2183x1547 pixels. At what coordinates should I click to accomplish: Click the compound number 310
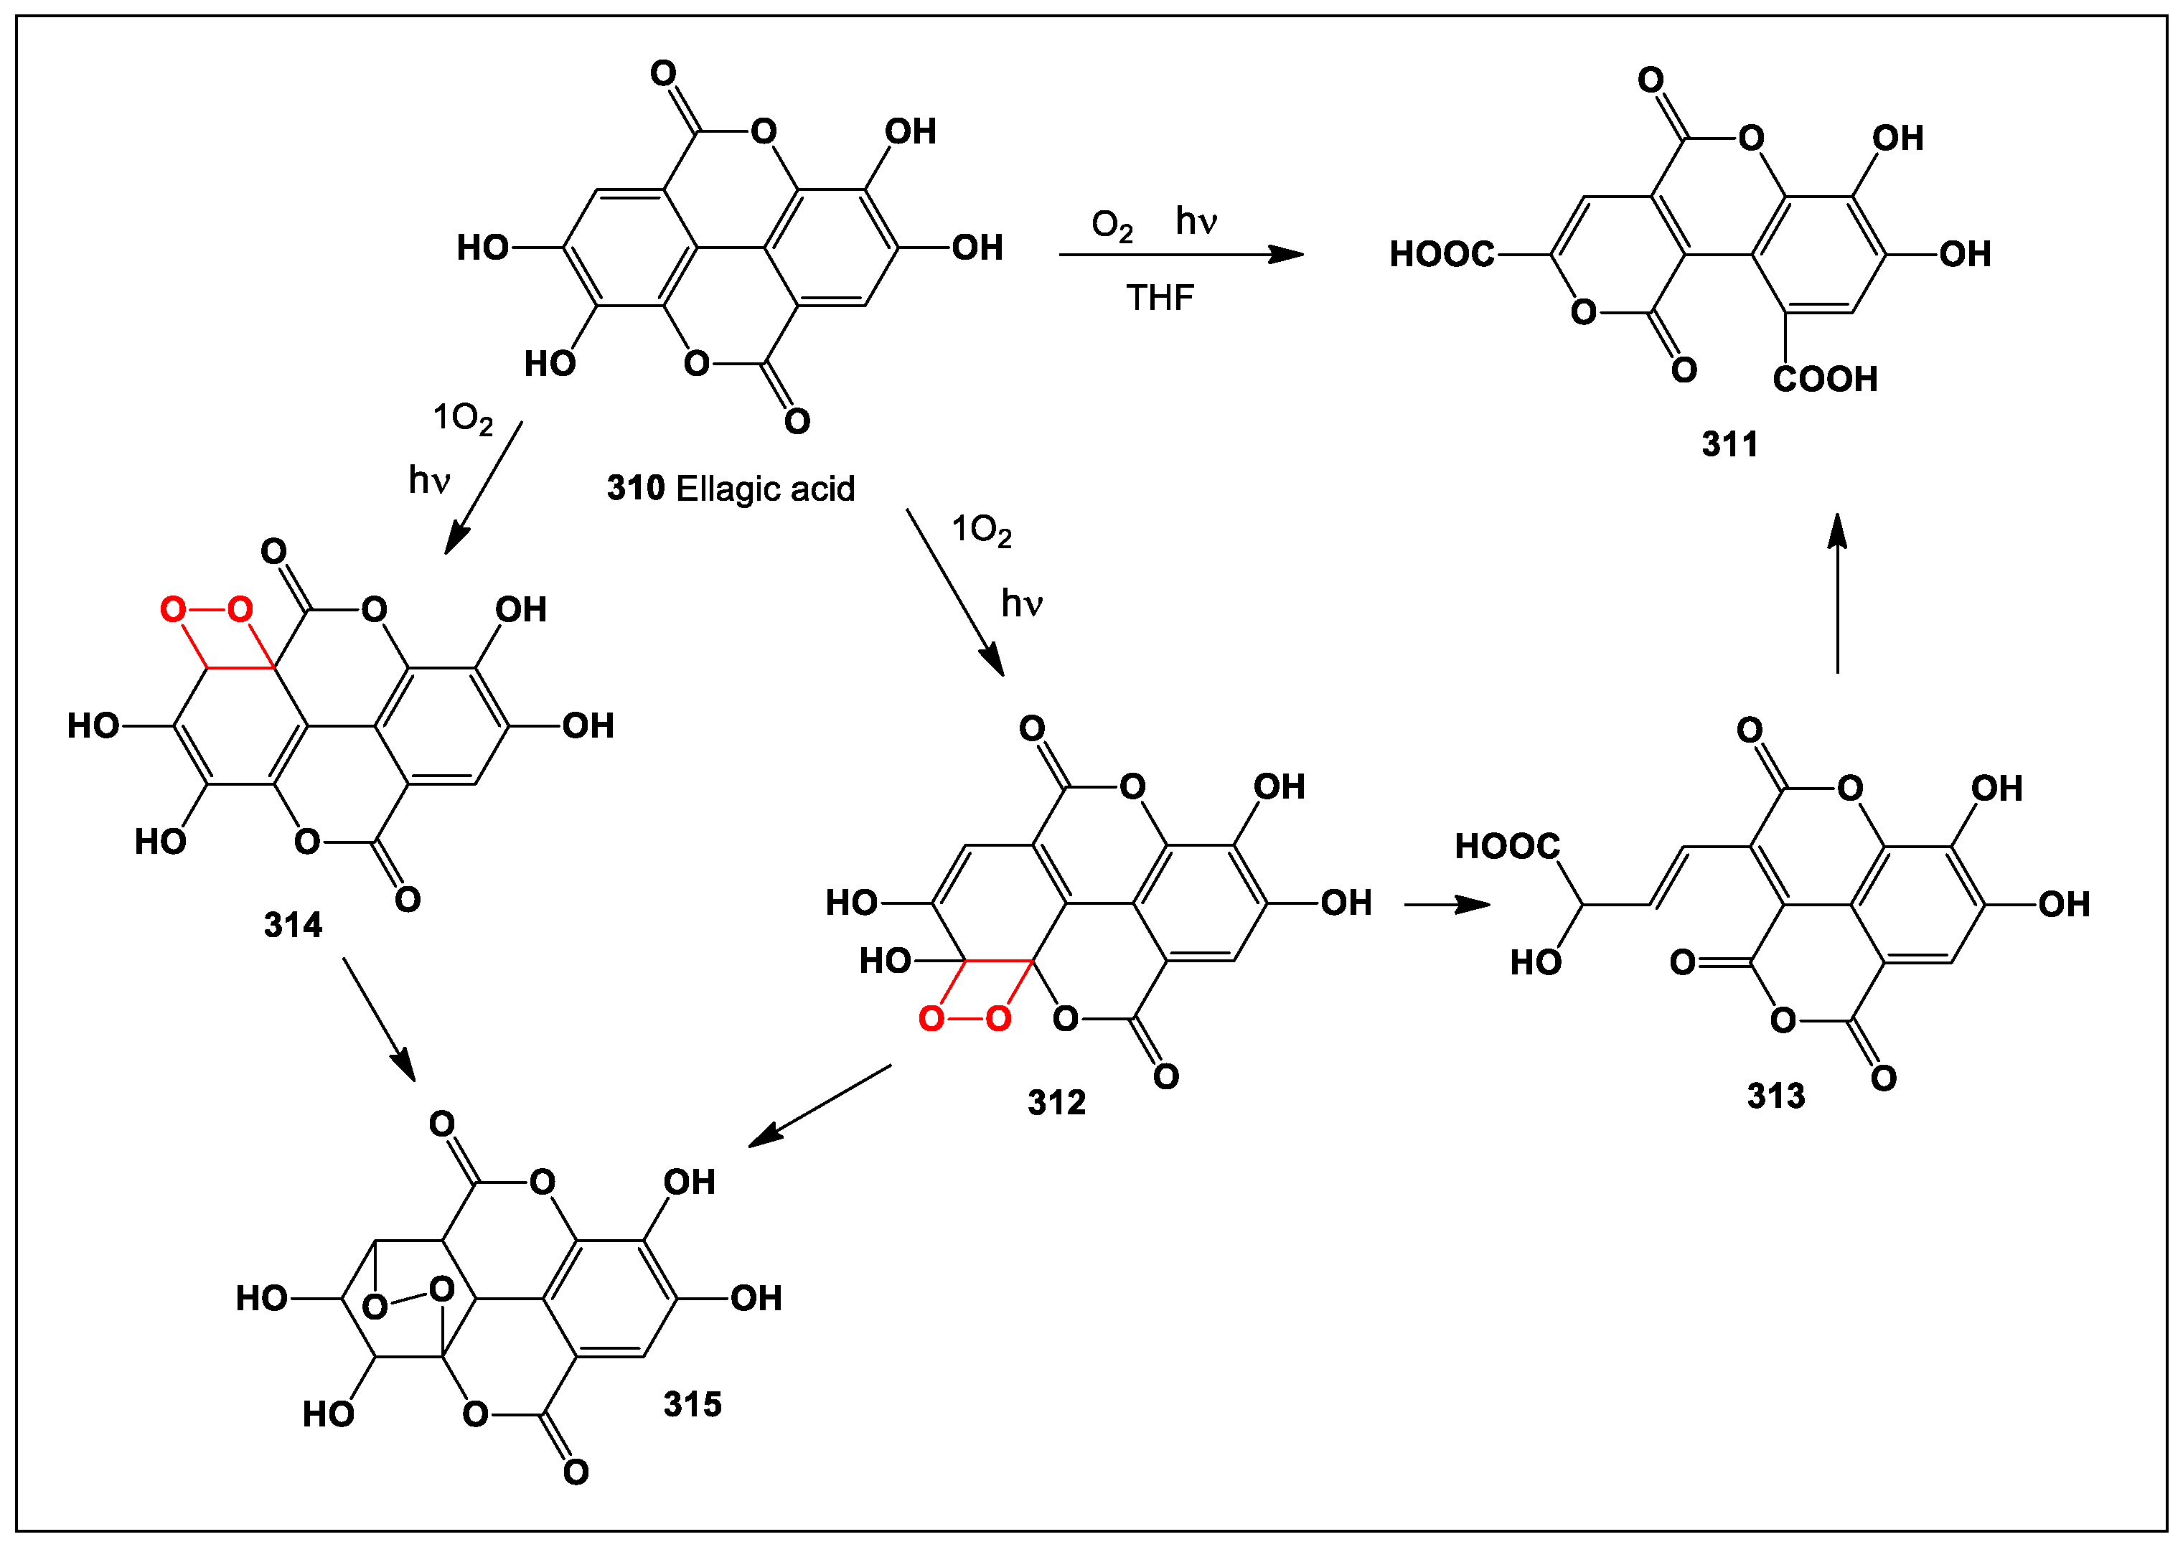635,489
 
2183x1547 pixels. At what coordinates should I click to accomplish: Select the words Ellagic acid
765,489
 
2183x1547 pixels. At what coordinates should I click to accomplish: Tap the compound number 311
1729,444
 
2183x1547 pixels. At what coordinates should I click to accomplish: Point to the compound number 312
1056,1103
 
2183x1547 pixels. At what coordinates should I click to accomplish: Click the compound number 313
1775,1096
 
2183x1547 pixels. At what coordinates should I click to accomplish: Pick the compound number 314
292,925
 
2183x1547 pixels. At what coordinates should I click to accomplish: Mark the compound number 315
693,1404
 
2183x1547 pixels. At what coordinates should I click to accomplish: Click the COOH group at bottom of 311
1825,379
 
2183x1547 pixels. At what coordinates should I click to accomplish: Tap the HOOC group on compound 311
1442,254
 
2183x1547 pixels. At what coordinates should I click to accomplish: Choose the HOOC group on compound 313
1507,846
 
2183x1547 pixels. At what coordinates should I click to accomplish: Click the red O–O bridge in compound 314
206,610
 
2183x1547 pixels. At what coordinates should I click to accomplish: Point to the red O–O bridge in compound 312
964,1020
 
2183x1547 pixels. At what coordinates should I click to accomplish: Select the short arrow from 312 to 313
1446,904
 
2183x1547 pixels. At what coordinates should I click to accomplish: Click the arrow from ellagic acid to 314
484,488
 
